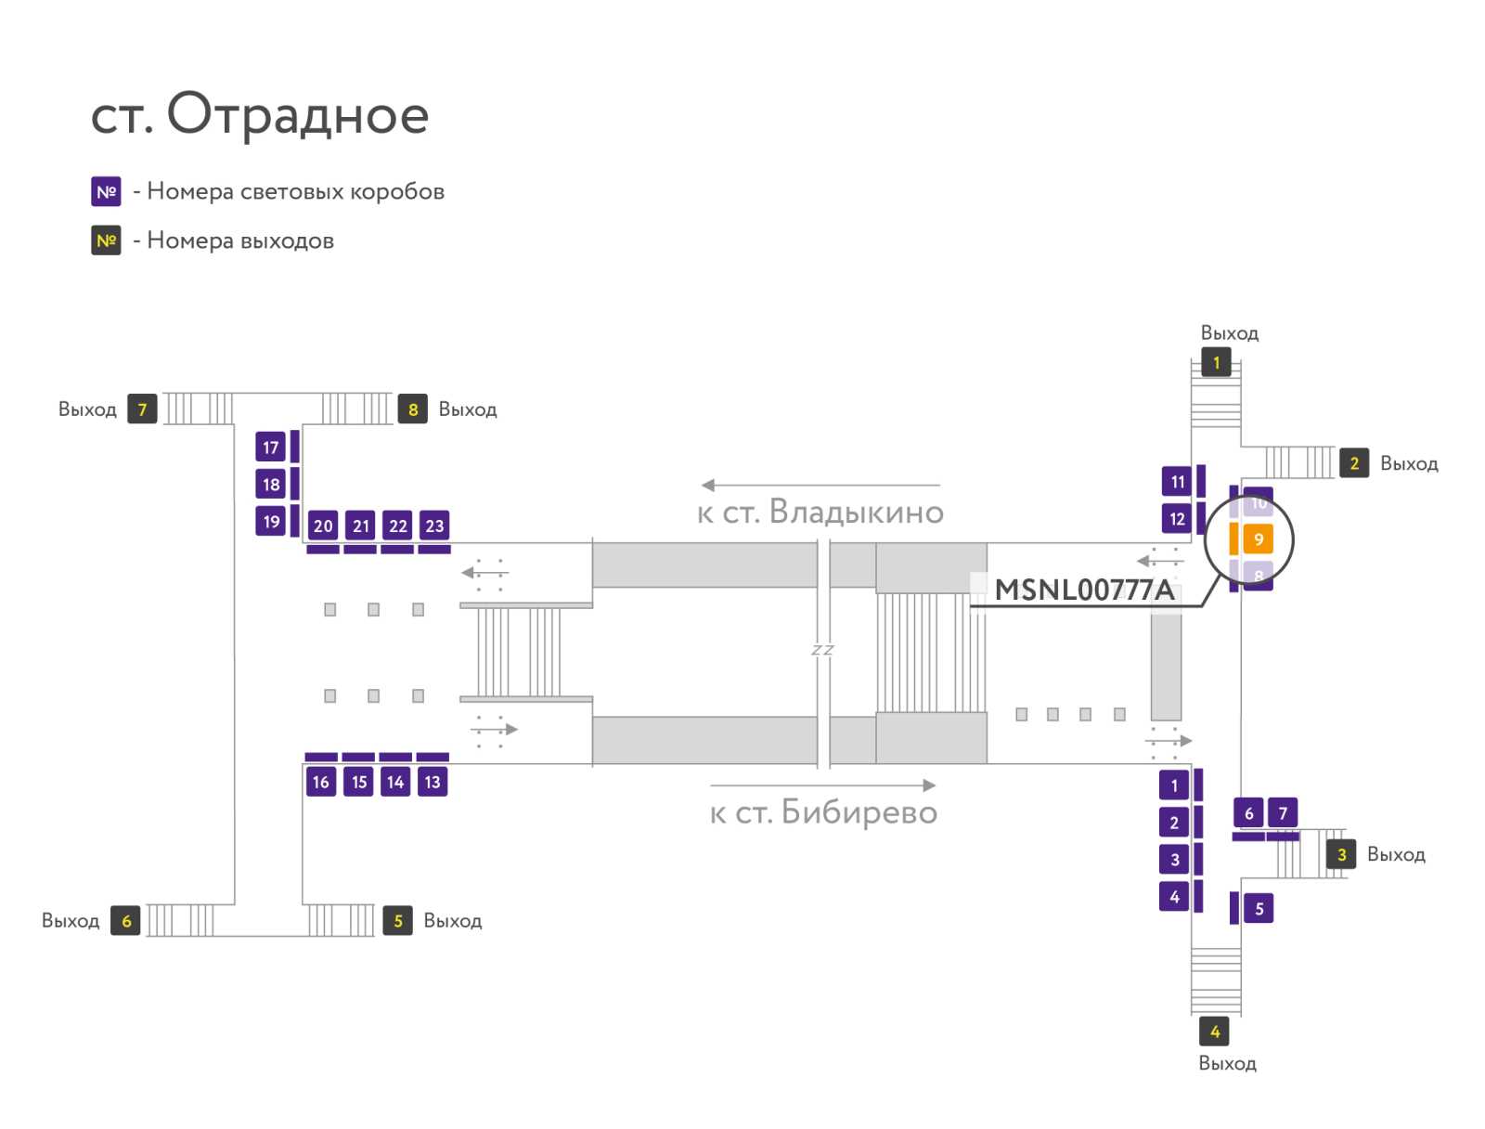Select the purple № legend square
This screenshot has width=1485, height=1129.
(106, 191)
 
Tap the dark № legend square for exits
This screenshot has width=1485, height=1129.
(106, 240)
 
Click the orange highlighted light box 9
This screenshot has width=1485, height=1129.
(1259, 539)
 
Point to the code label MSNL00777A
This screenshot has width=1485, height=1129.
(1084, 590)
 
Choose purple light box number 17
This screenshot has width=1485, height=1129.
(271, 448)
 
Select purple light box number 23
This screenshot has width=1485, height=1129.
(434, 526)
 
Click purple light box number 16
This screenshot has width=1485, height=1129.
(321, 782)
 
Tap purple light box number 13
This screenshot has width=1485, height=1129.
(433, 782)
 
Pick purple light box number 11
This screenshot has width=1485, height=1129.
(1177, 482)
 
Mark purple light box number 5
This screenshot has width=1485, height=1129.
(1259, 908)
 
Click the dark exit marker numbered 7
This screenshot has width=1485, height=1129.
(142, 409)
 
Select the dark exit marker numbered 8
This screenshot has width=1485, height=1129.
(413, 409)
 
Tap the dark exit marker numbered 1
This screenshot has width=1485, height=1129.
(1216, 363)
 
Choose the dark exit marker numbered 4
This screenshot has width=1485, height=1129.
(1214, 1032)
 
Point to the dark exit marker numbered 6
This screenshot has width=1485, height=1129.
(126, 921)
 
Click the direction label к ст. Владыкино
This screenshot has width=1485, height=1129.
(820, 513)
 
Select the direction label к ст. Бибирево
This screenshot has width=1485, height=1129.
(823, 812)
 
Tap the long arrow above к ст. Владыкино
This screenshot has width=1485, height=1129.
(820, 485)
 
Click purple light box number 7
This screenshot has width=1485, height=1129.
(1283, 813)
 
